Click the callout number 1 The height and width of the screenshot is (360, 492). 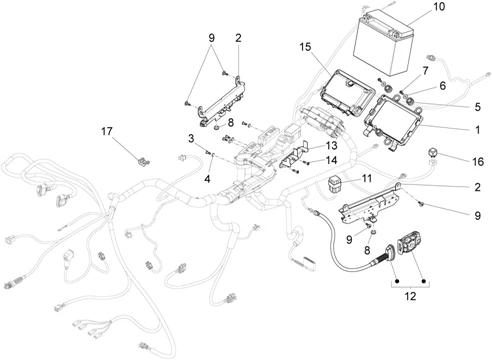pyautogui.click(x=476, y=130)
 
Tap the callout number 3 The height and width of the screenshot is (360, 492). pyautogui.click(x=189, y=136)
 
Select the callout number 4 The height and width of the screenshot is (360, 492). pyautogui.click(x=206, y=179)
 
